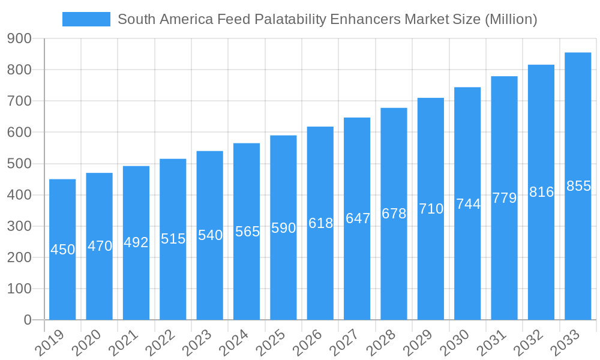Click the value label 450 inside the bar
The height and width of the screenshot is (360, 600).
[62, 250]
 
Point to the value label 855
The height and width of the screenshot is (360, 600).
[578, 186]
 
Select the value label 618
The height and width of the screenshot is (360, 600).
[320, 223]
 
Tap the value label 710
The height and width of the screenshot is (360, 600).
[431, 209]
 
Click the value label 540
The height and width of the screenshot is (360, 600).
[210, 235]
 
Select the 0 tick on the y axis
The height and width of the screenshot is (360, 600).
[28, 320]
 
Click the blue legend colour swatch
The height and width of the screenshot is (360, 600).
[86, 19]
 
